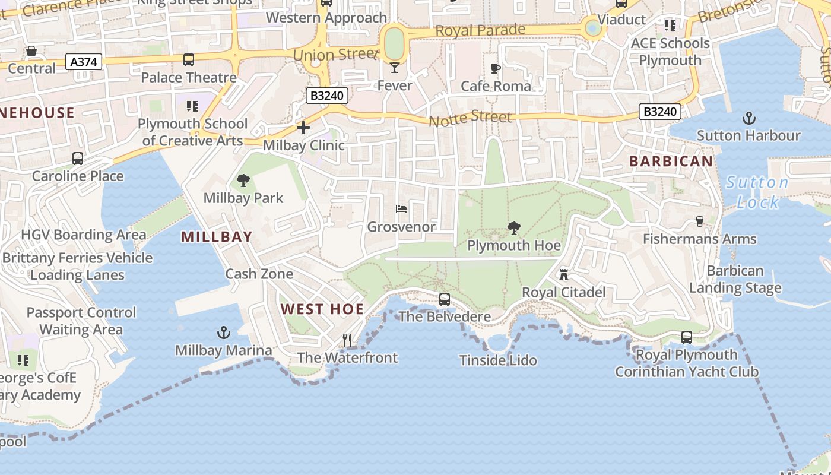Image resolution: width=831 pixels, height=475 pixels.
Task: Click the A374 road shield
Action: pos(85,62)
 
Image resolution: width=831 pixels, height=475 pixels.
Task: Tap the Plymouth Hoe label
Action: pos(514,245)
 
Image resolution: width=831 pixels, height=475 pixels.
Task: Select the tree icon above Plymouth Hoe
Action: pos(514,228)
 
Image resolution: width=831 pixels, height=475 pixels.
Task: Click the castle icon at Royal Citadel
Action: pos(564,275)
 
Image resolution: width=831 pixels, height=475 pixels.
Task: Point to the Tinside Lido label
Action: pos(499,360)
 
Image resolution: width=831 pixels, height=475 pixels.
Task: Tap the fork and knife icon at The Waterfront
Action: pos(347,340)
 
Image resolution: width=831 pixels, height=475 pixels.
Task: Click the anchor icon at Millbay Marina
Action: pos(224,332)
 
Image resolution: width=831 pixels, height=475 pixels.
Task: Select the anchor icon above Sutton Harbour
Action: pos(748,118)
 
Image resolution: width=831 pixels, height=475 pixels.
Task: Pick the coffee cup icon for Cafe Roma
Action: pos(496,69)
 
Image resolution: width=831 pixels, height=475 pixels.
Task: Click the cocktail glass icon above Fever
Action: pos(395,68)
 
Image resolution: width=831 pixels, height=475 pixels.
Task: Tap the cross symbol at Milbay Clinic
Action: pos(303,128)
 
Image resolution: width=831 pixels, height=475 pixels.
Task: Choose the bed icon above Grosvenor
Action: pos(401,209)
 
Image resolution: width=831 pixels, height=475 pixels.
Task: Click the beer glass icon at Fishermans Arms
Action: pos(700,221)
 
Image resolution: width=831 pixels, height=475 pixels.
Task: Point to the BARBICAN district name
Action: pos(671,161)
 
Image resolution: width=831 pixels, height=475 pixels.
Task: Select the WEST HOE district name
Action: pos(322,309)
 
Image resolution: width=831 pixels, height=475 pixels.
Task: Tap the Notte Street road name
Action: pos(470,118)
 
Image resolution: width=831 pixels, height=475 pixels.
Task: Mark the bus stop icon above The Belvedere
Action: pos(445,299)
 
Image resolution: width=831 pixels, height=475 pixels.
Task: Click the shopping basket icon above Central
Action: pos(31,52)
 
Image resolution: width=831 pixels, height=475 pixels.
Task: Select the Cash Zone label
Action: pos(259,274)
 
